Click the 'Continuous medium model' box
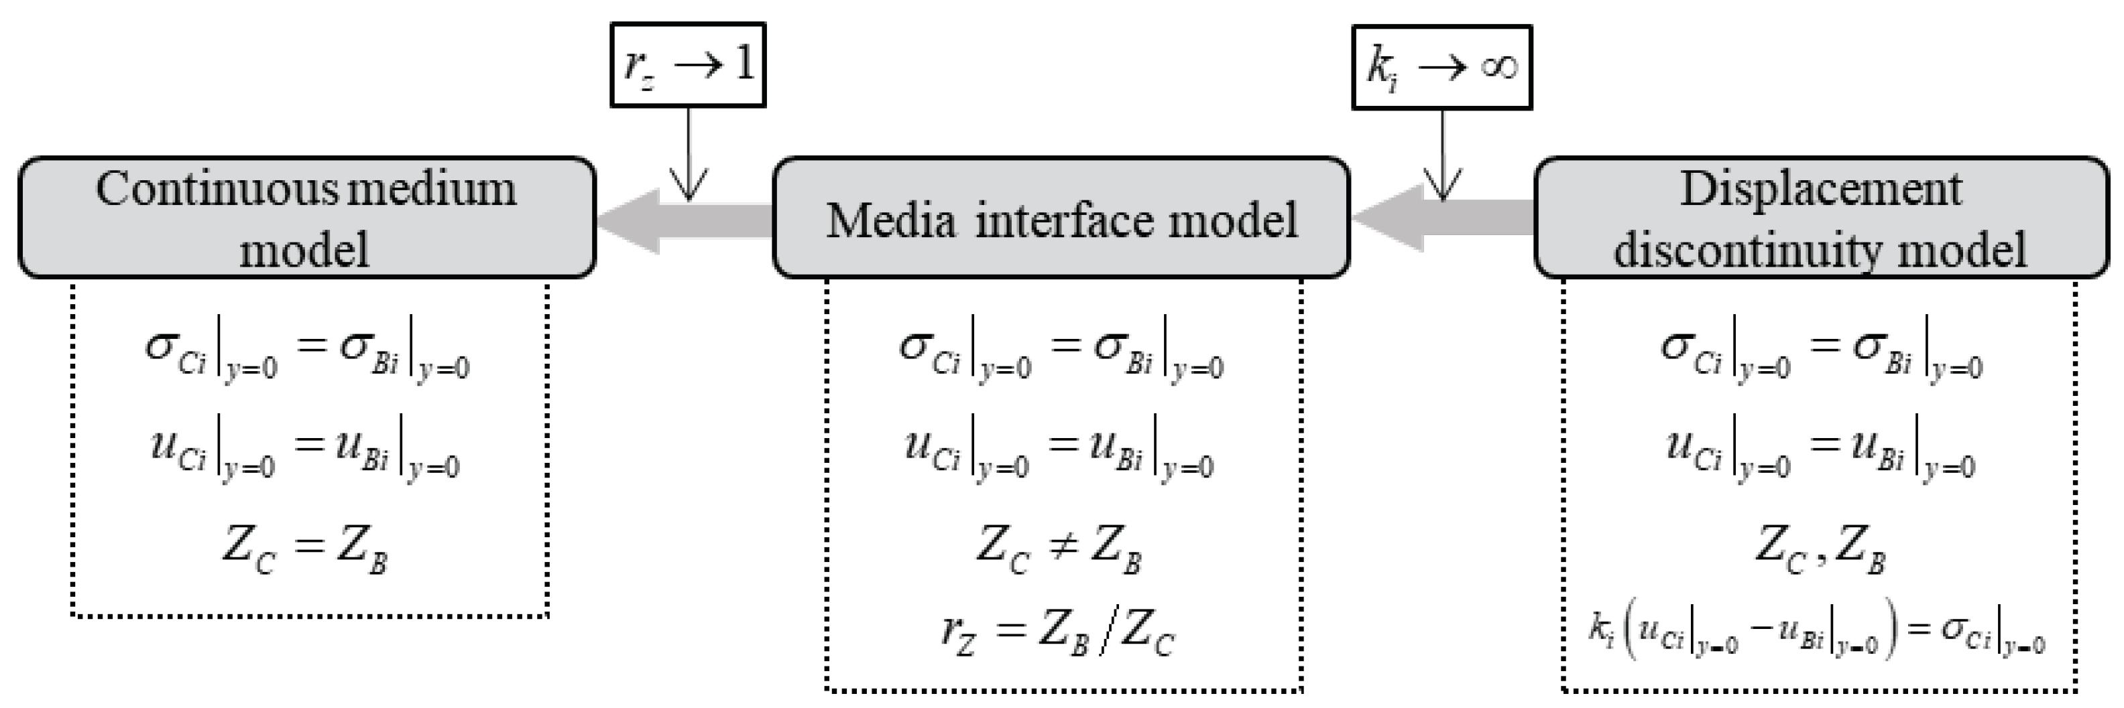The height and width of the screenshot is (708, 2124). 306,218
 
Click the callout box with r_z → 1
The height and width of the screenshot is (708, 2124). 688,65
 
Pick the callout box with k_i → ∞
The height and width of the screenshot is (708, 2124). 1441,68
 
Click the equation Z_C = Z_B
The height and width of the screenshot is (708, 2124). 306,550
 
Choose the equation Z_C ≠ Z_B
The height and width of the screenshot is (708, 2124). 1059,550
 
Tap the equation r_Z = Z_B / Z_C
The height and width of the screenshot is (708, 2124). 1059,634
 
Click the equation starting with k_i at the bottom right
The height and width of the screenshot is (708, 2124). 1818,634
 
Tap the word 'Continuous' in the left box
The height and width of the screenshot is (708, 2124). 216,190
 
